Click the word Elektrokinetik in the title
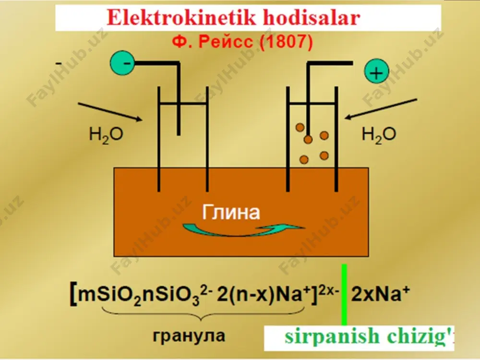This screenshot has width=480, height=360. tap(181, 18)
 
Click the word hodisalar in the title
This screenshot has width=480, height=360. tap(312, 18)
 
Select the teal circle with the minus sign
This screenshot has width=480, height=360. tap(122, 63)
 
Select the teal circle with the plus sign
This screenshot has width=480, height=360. tap(376, 72)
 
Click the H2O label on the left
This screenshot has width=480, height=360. tap(106, 135)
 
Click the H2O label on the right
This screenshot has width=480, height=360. tap(379, 135)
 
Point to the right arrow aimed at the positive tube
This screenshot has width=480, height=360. tap(381, 108)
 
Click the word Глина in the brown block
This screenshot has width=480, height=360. tap(231, 212)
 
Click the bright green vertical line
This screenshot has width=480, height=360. tap(344, 294)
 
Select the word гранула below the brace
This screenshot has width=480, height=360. tap(189, 335)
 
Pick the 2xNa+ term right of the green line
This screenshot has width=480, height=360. tap(380, 294)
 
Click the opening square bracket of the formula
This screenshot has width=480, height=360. tap(74, 295)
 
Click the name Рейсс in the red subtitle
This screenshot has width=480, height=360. tap(226, 42)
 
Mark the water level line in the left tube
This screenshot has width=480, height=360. tap(183, 103)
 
